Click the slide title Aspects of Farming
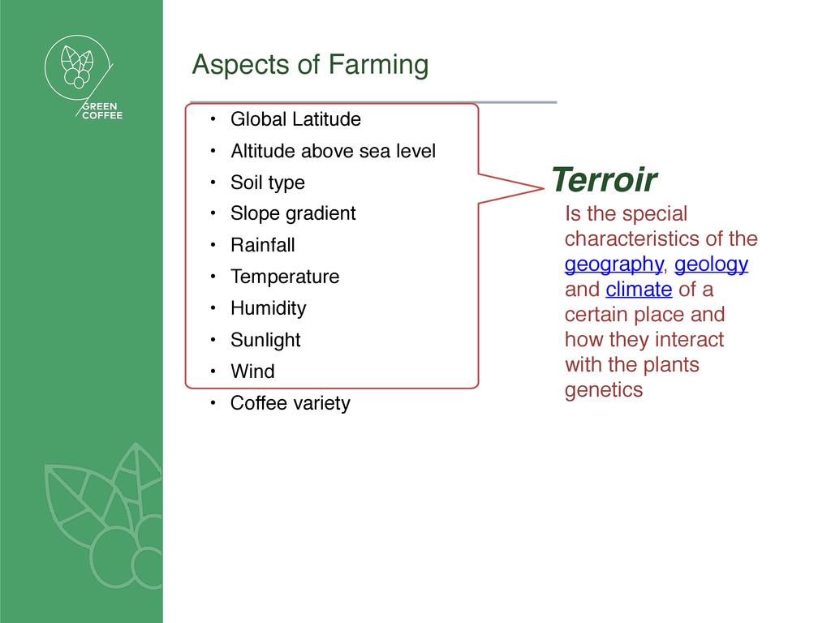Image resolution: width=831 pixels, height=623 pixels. tap(310, 65)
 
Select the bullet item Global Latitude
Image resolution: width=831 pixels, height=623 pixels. tap(295, 119)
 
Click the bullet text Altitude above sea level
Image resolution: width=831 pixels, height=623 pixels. tap(333, 151)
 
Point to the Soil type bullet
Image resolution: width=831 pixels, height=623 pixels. tap(268, 183)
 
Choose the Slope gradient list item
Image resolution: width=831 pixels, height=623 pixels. tap(292, 213)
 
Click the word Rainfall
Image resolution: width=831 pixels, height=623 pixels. tap(262, 245)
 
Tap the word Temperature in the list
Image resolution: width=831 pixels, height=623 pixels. tap(285, 277)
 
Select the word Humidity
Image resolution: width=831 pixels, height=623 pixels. tap(268, 308)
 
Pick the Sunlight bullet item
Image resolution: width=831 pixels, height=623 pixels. tap(265, 340)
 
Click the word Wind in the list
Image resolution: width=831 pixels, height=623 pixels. tap(252, 372)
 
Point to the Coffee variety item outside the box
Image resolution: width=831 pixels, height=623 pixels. tap(290, 403)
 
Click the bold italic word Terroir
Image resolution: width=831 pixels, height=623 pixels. tap(604, 179)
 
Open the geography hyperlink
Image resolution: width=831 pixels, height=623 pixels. tap(614, 264)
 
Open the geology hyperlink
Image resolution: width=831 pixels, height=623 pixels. tap(711, 264)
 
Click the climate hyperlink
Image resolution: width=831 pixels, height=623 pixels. tap(639, 290)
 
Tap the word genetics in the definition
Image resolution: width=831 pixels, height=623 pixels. tap(604, 390)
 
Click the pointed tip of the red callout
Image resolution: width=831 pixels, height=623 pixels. tap(543, 187)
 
